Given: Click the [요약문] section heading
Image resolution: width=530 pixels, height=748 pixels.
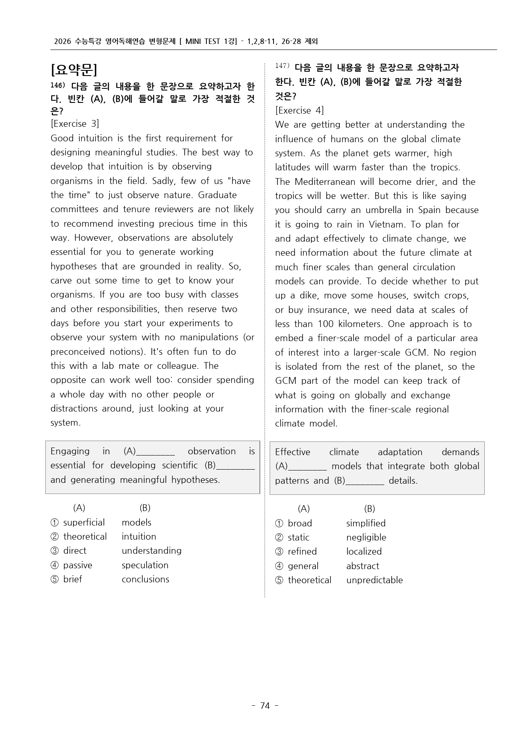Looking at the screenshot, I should tap(74, 70).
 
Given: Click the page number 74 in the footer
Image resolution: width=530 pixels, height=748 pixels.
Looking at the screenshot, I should tap(265, 706).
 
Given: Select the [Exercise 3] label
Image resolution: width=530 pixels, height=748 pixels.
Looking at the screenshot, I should tap(75, 124).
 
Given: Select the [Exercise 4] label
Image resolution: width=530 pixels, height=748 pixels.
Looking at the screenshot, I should tap(299, 111).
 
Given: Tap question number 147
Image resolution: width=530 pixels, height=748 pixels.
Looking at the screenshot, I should tap(282, 66).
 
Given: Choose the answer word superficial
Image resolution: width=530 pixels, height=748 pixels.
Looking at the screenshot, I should tap(84, 523).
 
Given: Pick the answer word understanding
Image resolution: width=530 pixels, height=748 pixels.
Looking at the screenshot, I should tap(151, 551).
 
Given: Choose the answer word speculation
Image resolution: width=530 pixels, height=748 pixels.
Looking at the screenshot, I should tap(145, 565).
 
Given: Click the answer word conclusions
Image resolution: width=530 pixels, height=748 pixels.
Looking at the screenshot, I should tap(145, 579).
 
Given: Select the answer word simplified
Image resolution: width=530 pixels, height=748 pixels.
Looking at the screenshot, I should tap(366, 523).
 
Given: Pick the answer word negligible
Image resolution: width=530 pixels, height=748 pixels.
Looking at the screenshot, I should tap(366, 538).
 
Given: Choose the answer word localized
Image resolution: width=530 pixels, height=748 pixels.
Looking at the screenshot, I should tap(364, 552).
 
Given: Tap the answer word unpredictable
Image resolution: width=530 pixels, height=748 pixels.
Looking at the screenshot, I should tap(374, 580).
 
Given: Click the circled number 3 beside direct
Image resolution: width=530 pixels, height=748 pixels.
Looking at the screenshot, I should tap(54, 551).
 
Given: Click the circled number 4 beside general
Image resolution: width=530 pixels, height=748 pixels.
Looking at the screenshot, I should tap(279, 566).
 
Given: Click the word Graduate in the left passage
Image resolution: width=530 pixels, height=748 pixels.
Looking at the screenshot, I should tap(217, 195).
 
